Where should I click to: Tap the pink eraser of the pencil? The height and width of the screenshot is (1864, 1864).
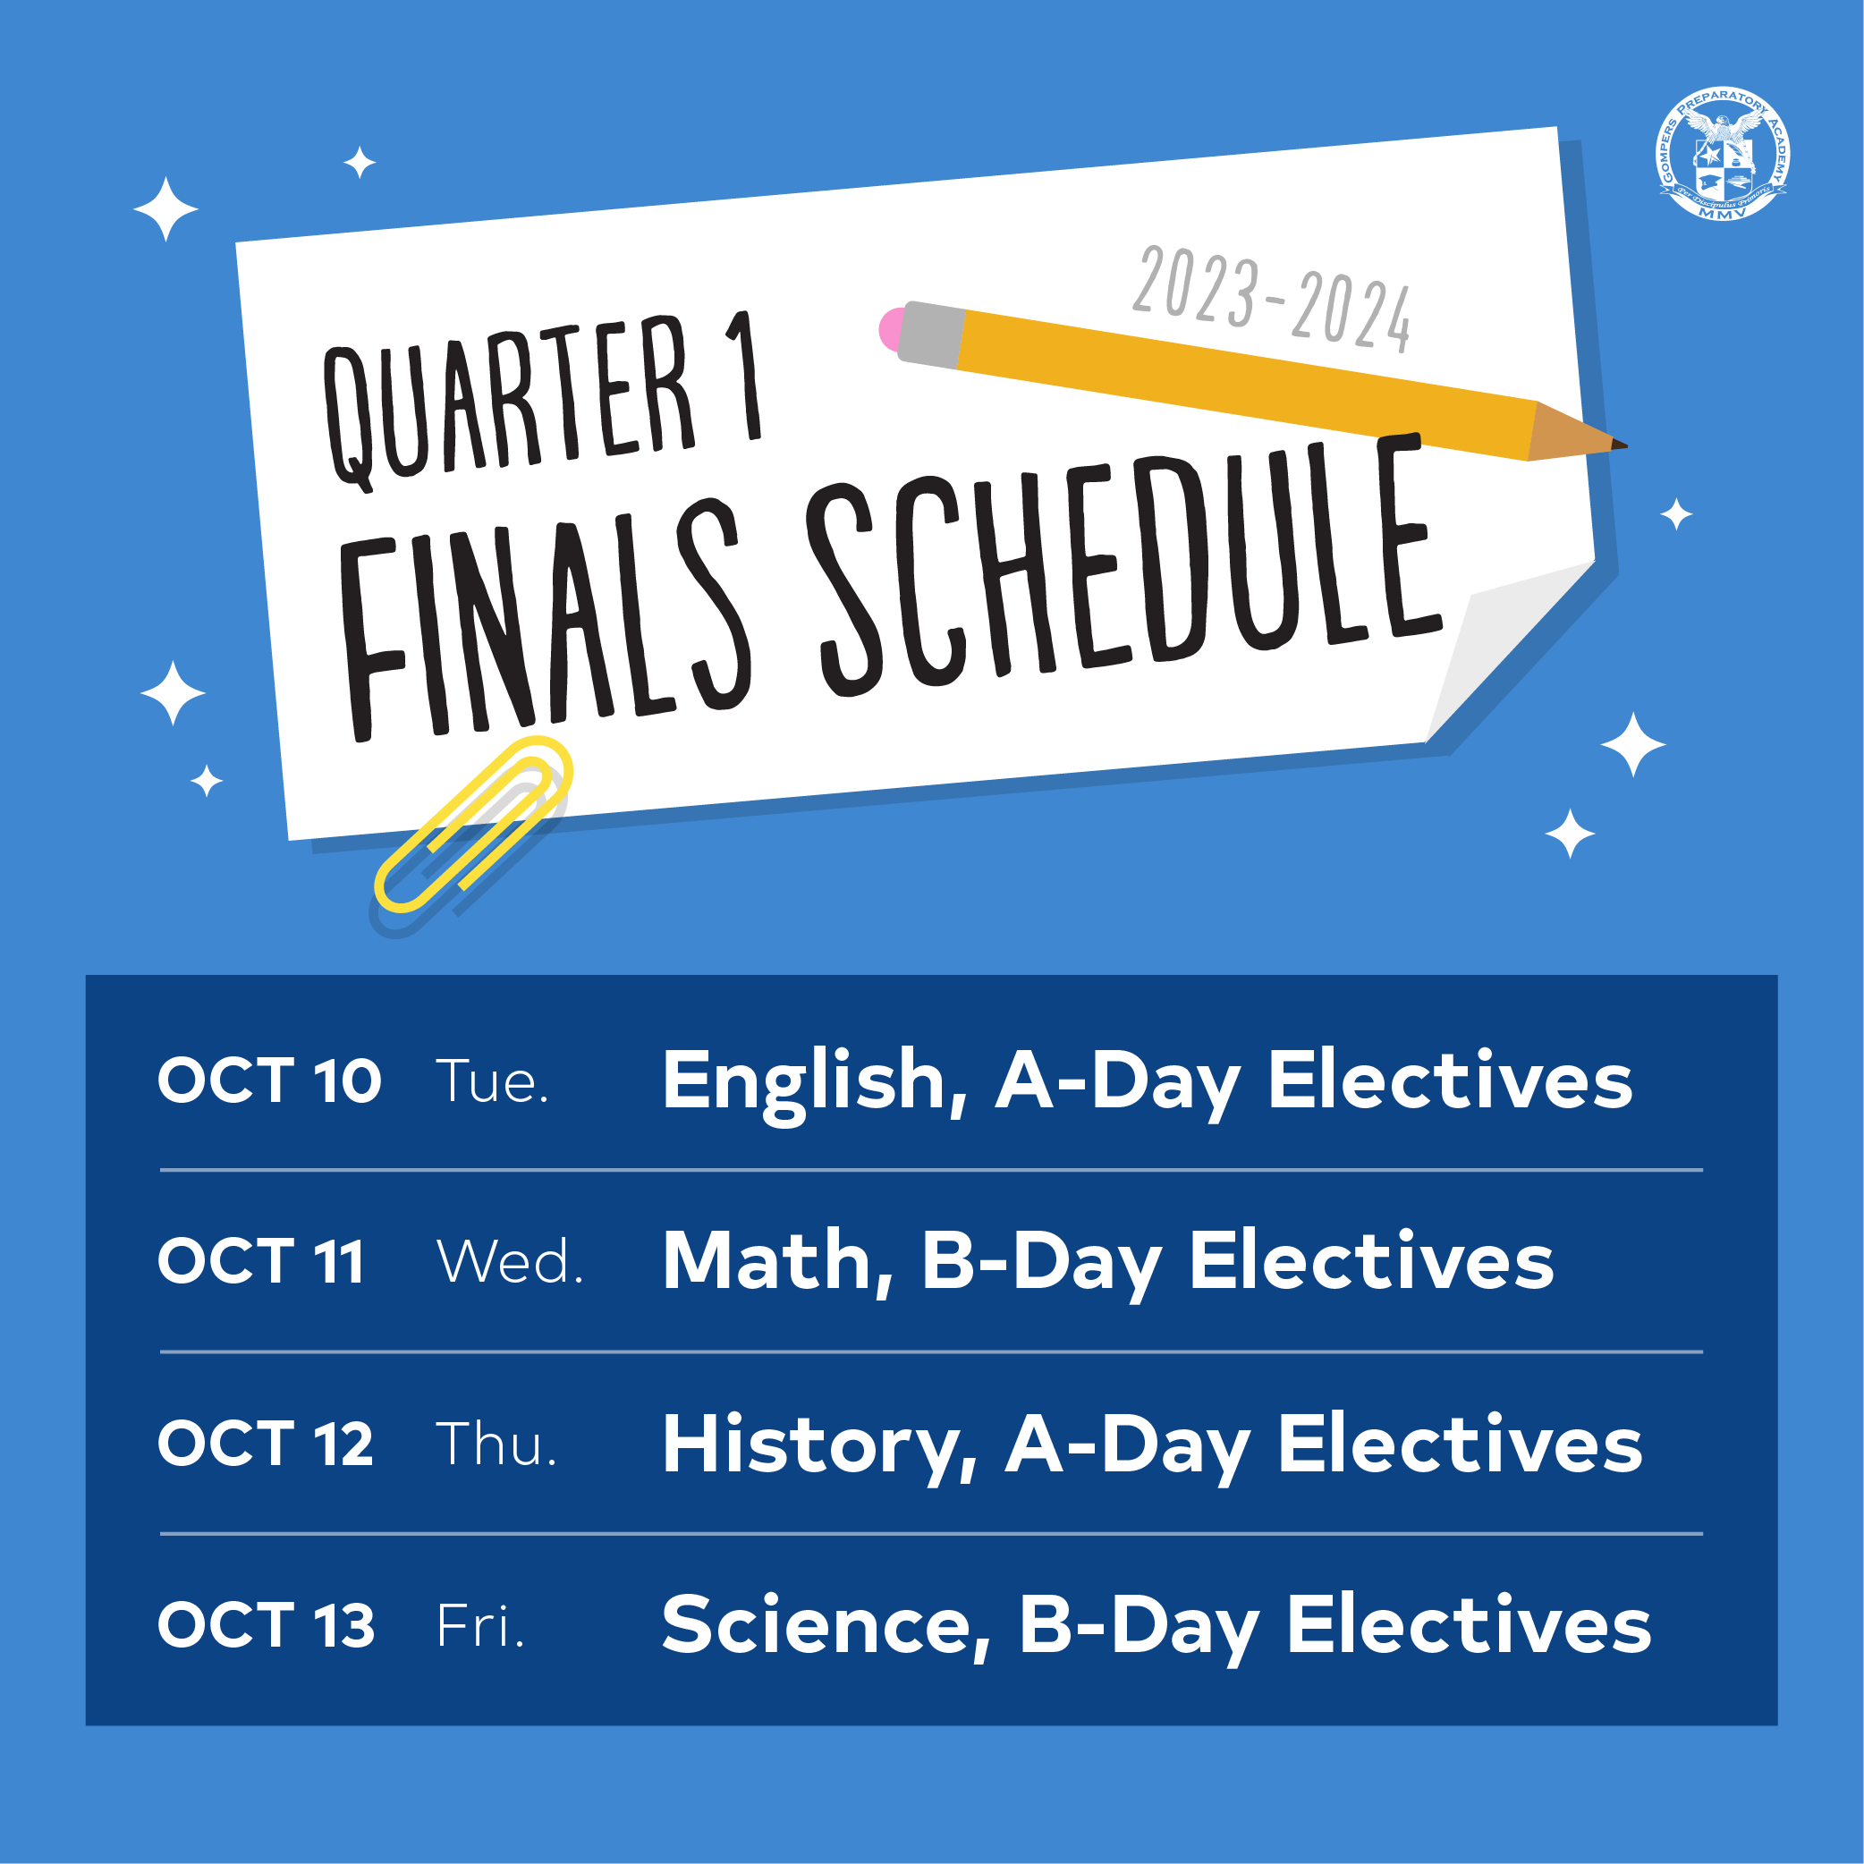pyautogui.click(x=891, y=329)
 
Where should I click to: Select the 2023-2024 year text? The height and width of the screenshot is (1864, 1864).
pyautogui.click(x=1272, y=300)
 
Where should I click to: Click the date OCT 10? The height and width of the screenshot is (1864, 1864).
pyautogui.click(x=269, y=1080)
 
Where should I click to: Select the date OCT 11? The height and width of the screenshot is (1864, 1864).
pyautogui.click(x=260, y=1261)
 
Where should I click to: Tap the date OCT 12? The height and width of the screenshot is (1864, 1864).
pyautogui.click(x=266, y=1444)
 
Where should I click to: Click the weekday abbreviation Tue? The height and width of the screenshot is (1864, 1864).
pyautogui.click(x=492, y=1080)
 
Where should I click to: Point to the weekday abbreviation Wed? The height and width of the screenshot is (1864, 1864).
pyautogui.click(x=510, y=1261)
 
